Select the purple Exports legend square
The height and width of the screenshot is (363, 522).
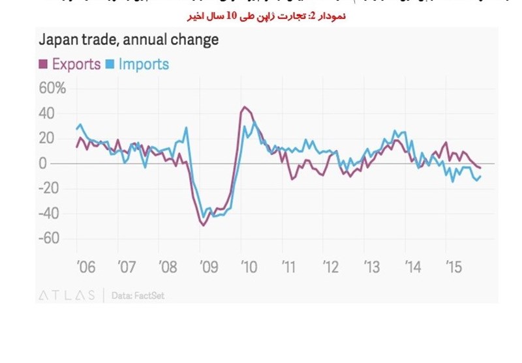pyautogui.click(x=43, y=64)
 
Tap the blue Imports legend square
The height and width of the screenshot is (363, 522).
pyautogui.click(x=111, y=64)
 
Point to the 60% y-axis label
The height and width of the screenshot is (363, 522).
pyautogui.click(x=52, y=88)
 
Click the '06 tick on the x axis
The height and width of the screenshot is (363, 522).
pyautogui.click(x=85, y=267)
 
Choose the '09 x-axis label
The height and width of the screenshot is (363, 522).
pyautogui.click(x=209, y=267)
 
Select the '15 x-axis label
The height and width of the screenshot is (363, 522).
pyautogui.click(x=454, y=267)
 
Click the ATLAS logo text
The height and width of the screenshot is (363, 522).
pyautogui.click(x=65, y=295)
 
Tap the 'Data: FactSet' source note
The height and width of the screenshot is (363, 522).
pyautogui.click(x=138, y=295)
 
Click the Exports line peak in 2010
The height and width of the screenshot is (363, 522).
pyautogui.click(x=244, y=107)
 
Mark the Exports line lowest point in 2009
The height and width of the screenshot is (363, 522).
pyautogui.click(x=203, y=225)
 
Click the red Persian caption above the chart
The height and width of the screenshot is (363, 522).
pyautogui.click(x=260, y=16)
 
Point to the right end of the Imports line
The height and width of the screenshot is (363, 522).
pyautogui.click(x=481, y=176)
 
